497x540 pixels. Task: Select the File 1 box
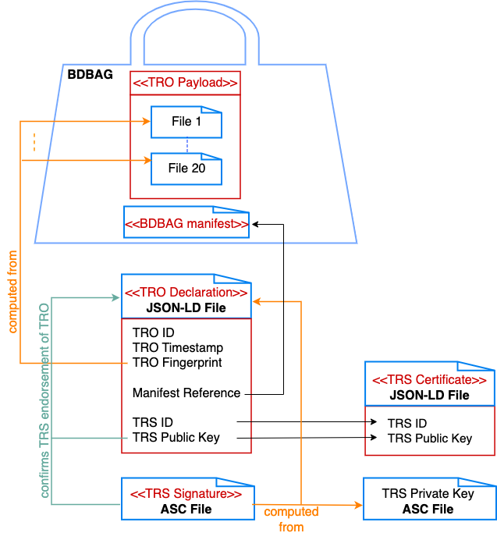pos(186,123)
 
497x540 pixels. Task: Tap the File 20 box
pos(186,168)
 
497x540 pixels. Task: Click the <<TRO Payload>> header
pos(185,83)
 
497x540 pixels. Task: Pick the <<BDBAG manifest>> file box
pos(186,223)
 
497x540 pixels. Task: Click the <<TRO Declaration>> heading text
pos(186,293)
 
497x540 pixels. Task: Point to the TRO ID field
pos(153,332)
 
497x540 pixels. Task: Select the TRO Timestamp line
pos(177,347)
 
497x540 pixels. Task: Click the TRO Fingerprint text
pos(176,362)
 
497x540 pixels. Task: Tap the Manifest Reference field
pos(186,393)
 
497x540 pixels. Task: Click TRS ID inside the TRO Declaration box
pos(152,422)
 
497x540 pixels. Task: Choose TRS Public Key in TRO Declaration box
pos(176,437)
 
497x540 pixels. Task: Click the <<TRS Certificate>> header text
pos(429,380)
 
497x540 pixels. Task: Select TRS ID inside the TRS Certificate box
pos(407,423)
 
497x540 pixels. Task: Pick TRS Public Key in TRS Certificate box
pos(430,438)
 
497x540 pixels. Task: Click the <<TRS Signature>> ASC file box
pos(186,501)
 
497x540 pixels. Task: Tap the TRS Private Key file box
pos(428,501)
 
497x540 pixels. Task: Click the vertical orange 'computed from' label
pos(12,292)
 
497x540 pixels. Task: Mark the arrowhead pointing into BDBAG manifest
pos(254,224)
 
